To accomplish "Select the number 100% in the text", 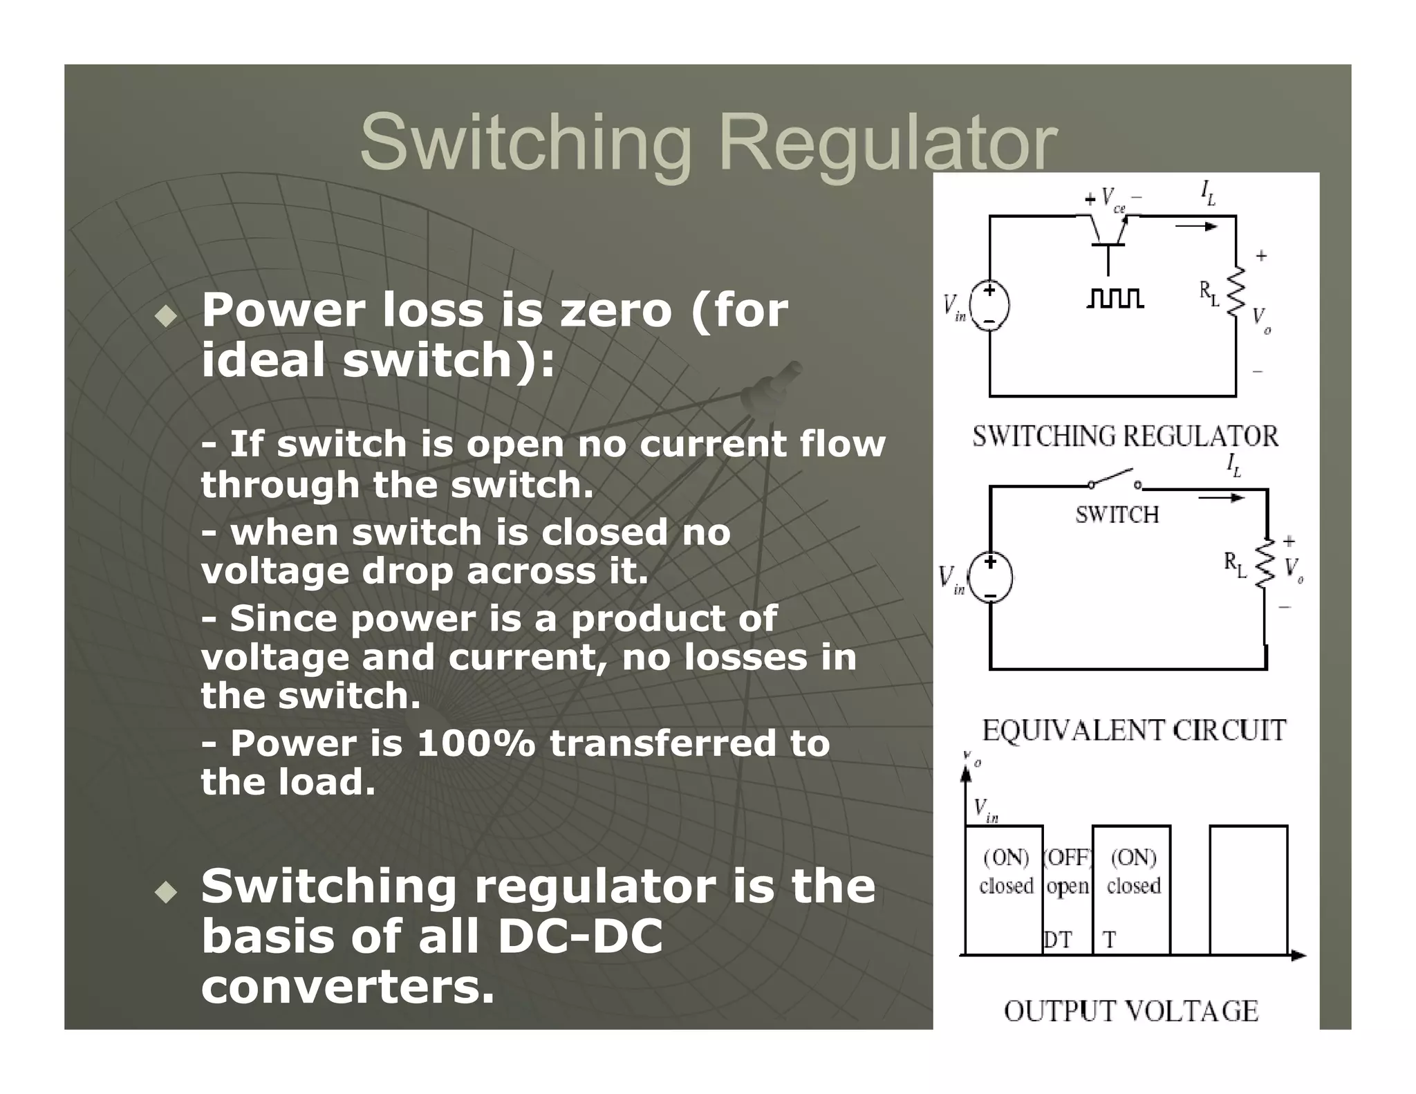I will [x=476, y=743].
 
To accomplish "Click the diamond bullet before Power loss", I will [x=166, y=317].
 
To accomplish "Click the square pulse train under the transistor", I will [x=1115, y=298].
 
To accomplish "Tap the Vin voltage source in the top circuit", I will [x=989, y=305].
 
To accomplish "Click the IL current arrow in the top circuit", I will [x=1197, y=226].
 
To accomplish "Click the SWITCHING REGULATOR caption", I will [x=1125, y=436].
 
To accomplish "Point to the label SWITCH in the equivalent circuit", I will [x=1117, y=514].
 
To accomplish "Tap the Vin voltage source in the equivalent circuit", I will [x=990, y=577].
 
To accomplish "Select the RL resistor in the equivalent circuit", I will [x=1265, y=564].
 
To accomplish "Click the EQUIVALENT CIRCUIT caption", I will [x=1134, y=731].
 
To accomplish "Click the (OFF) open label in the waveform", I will [x=1068, y=871].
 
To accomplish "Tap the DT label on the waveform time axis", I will [x=1057, y=940].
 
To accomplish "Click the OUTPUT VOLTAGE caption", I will [x=1131, y=1011].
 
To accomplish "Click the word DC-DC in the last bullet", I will [x=579, y=936].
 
